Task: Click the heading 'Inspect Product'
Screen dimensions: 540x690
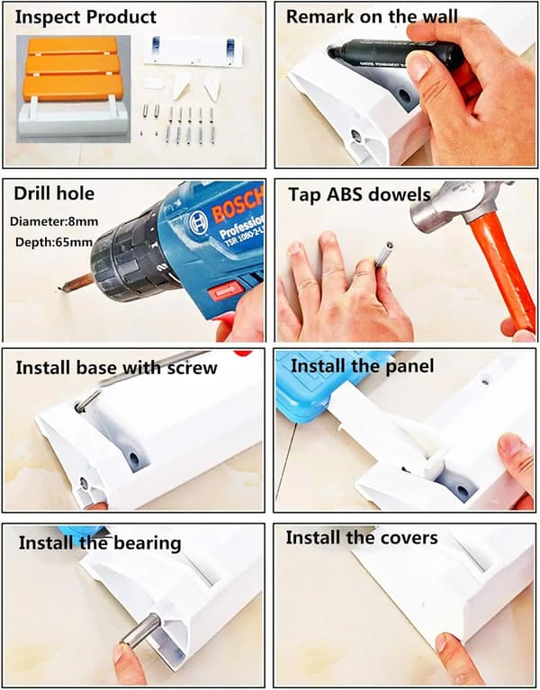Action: (x=85, y=17)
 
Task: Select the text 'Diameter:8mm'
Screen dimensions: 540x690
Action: (x=54, y=221)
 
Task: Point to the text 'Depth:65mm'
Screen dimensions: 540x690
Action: (x=54, y=242)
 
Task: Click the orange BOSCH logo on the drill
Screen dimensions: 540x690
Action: (x=238, y=203)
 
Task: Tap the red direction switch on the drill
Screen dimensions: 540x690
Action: (x=225, y=291)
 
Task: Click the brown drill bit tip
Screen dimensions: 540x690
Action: (x=76, y=283)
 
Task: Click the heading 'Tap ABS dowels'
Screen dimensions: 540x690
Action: (x=360, y=195)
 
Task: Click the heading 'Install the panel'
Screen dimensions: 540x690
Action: (x=362, y=366)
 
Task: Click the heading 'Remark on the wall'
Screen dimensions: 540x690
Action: (x=372, y=17)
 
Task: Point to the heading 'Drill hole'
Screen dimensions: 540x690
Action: (x=54, y=193)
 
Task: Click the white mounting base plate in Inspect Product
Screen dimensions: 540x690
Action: (x=193, y=51)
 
